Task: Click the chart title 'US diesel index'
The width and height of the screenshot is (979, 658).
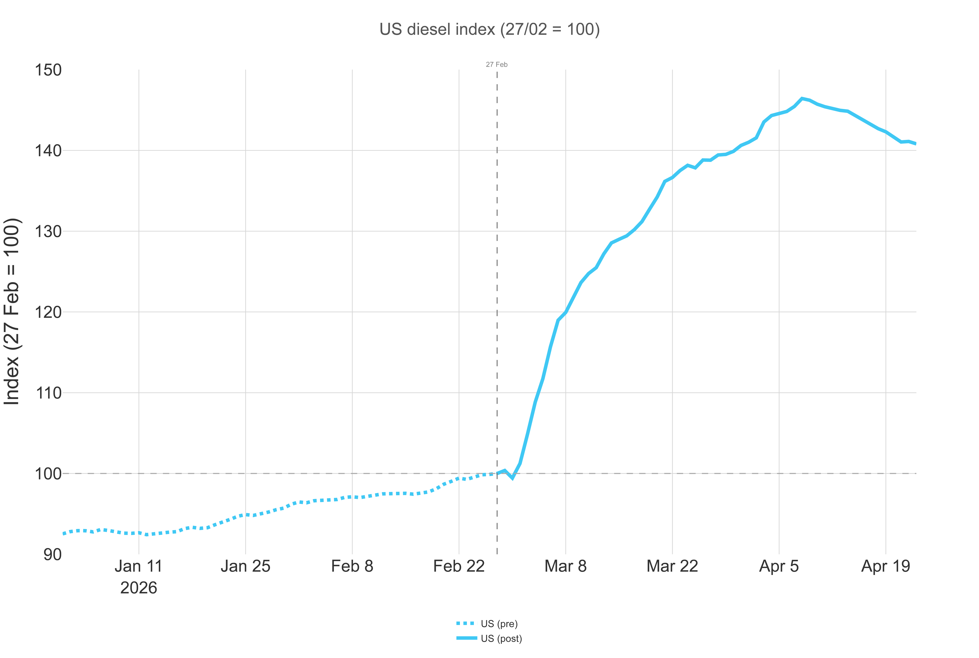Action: (x=489, y=29)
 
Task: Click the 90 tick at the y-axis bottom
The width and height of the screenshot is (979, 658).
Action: (x=52, y=554)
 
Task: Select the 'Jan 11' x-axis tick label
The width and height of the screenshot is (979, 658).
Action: (x=139, y=566)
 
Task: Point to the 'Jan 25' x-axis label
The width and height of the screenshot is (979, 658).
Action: (x=246, y=566)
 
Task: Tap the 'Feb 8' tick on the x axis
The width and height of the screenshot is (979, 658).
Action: (x=352, y=566)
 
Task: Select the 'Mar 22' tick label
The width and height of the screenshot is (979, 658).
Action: (x=672, y=566)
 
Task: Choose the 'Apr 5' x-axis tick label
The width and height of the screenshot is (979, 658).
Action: (x=779, y=566)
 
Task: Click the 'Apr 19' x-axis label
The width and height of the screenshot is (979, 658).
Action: (x=885, y=566)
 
